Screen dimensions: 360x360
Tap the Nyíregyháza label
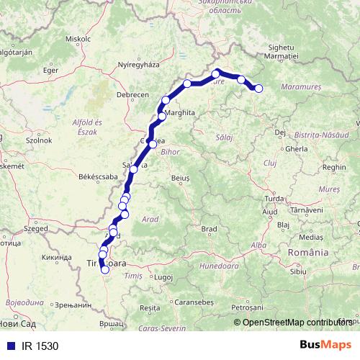(135, 64)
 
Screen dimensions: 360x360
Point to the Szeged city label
(35, 228)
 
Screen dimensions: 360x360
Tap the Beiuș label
(180, 176)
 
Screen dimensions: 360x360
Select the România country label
(308, 253)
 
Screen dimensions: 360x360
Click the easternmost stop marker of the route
(258, 89)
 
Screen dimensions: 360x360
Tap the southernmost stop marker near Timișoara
(105, 270)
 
